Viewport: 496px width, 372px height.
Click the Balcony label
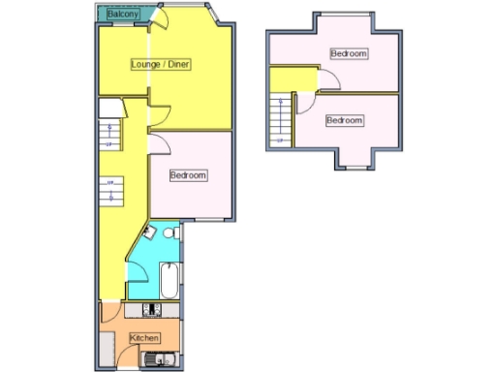122,15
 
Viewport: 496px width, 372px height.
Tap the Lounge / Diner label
161,65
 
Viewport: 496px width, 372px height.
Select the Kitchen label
144,337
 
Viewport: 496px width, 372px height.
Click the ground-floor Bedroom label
188,175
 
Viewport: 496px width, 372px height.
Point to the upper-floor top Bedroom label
349,53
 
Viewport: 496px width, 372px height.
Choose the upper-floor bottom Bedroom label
344,120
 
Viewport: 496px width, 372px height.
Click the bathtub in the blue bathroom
170,281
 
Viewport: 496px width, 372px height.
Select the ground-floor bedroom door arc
161,145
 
